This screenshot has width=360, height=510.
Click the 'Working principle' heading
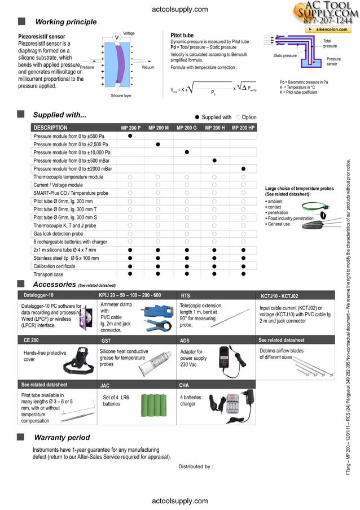click(x=65, y=22)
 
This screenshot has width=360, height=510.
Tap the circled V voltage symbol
click(x=116, y=37)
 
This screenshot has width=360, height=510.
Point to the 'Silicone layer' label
click(x=121, y=96)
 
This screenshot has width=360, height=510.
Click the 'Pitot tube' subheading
click(x=182, y=36)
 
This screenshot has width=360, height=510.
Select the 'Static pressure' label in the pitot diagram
click(x=285, y=56)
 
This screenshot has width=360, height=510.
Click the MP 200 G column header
click(x=186, y=128)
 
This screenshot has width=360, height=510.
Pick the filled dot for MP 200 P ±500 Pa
click(x=130, y=136)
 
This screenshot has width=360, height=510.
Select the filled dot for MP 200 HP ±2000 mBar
click(x=243, y=169)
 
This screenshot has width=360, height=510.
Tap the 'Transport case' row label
click(x=49, y=274)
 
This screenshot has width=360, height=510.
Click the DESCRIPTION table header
click(x=50, y=128)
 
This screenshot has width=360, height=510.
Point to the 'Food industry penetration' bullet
click(x=291, y=218)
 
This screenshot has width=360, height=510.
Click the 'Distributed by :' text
click(x=195, y=467)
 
